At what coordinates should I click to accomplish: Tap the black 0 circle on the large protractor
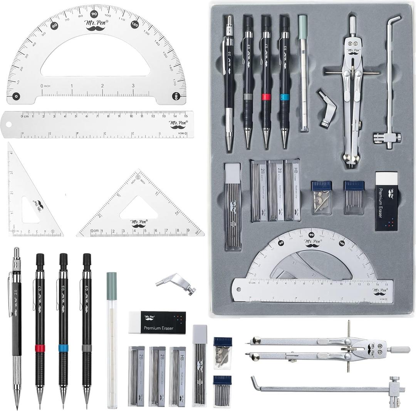coord(16,96)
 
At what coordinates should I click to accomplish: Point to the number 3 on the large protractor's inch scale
coord(133,86)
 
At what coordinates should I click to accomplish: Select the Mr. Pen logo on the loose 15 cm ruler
coord(177,124)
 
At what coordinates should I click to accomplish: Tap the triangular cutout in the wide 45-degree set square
coord(138,210)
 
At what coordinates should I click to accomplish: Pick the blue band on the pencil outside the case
coord(63,348)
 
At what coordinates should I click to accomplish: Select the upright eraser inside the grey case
coord(386,201)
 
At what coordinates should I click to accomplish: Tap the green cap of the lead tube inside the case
coord(303,22)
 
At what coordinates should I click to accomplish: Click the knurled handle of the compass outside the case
coord(398,349)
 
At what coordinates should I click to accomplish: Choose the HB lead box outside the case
coord(177,376)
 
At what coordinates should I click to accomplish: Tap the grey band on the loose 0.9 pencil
coord(87,348)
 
